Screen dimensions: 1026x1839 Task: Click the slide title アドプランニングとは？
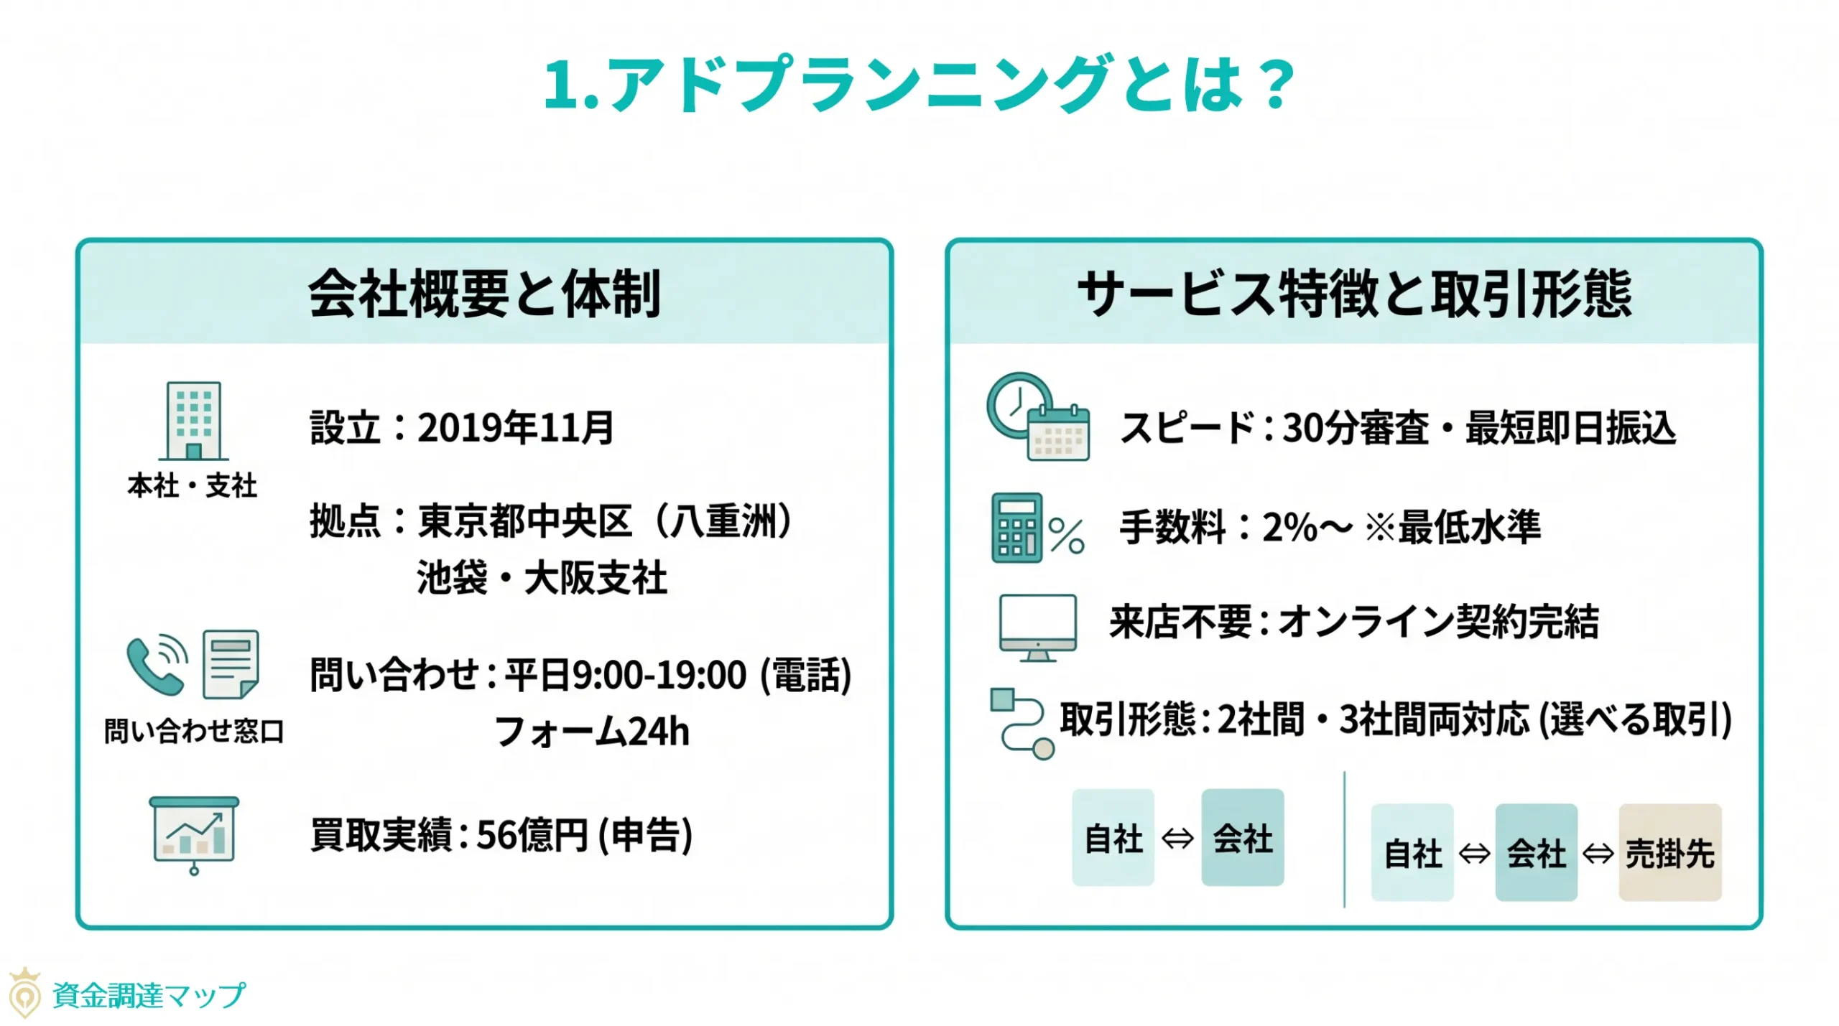919,84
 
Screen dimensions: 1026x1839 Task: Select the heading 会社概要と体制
485,294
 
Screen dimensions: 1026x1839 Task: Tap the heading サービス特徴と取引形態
1354,294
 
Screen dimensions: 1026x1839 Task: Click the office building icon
193,421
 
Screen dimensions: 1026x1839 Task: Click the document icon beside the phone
231,664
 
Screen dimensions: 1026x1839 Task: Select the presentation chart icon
194,833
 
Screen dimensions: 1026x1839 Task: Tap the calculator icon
1016,527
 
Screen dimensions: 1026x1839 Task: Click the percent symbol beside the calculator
1066,536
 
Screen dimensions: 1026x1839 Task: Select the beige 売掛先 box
1669,852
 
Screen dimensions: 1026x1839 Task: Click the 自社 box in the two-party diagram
1113,837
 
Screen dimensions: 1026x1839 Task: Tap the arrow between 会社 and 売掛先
1598,853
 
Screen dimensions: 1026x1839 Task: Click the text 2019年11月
516,428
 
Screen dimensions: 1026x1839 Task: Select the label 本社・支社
192,486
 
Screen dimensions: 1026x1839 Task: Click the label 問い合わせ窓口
194,731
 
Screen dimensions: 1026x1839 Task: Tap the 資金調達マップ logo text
149,995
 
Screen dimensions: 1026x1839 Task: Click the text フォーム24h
592,732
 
